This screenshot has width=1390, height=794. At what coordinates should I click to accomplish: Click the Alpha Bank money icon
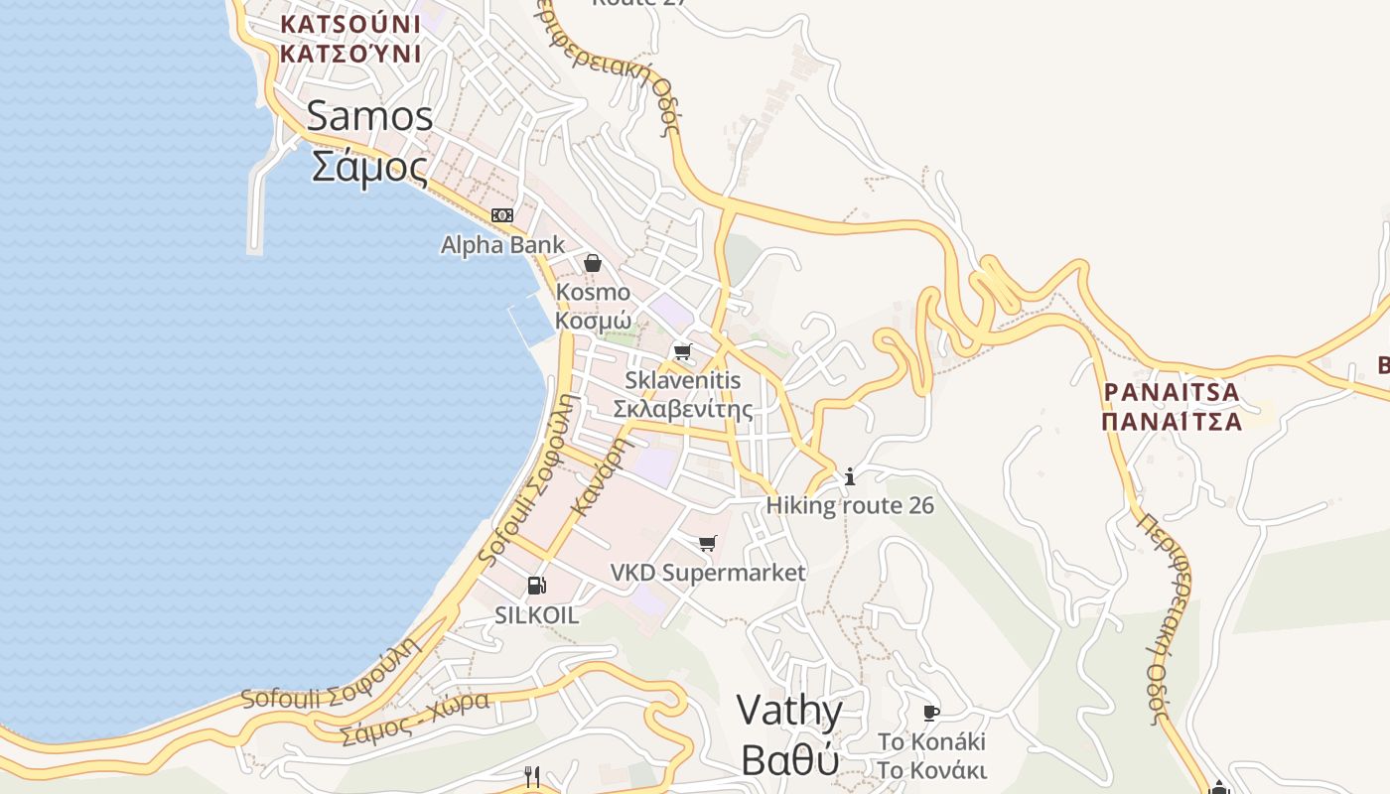tap(502, 215)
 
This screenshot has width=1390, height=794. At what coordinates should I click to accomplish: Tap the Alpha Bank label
tap(502, 244)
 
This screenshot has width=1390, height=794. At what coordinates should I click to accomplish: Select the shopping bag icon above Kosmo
tap(593, 263)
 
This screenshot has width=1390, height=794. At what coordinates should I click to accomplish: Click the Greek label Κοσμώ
tap(593, 321)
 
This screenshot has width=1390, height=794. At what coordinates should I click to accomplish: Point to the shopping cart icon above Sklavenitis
tap(682, 351)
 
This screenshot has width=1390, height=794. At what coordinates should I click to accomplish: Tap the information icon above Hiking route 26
tap(850, 477)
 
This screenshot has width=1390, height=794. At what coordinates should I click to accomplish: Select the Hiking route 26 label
tap(850, 505)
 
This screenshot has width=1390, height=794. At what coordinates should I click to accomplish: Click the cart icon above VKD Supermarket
tap(707, 543)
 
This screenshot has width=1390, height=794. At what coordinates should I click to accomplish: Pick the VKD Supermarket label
tap(708, 573)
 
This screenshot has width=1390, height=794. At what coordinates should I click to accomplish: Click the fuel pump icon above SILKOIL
tap(536, 586)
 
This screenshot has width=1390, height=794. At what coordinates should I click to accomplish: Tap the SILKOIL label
tap(536, 615)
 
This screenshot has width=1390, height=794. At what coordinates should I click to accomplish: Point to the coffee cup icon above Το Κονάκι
tap(931, 713)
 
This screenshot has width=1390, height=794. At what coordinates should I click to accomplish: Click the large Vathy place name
tap(790, 712)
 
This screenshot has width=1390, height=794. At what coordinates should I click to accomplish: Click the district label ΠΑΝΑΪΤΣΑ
tap(1172, 421)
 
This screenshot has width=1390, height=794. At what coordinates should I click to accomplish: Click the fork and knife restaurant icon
tap(532, 776)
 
